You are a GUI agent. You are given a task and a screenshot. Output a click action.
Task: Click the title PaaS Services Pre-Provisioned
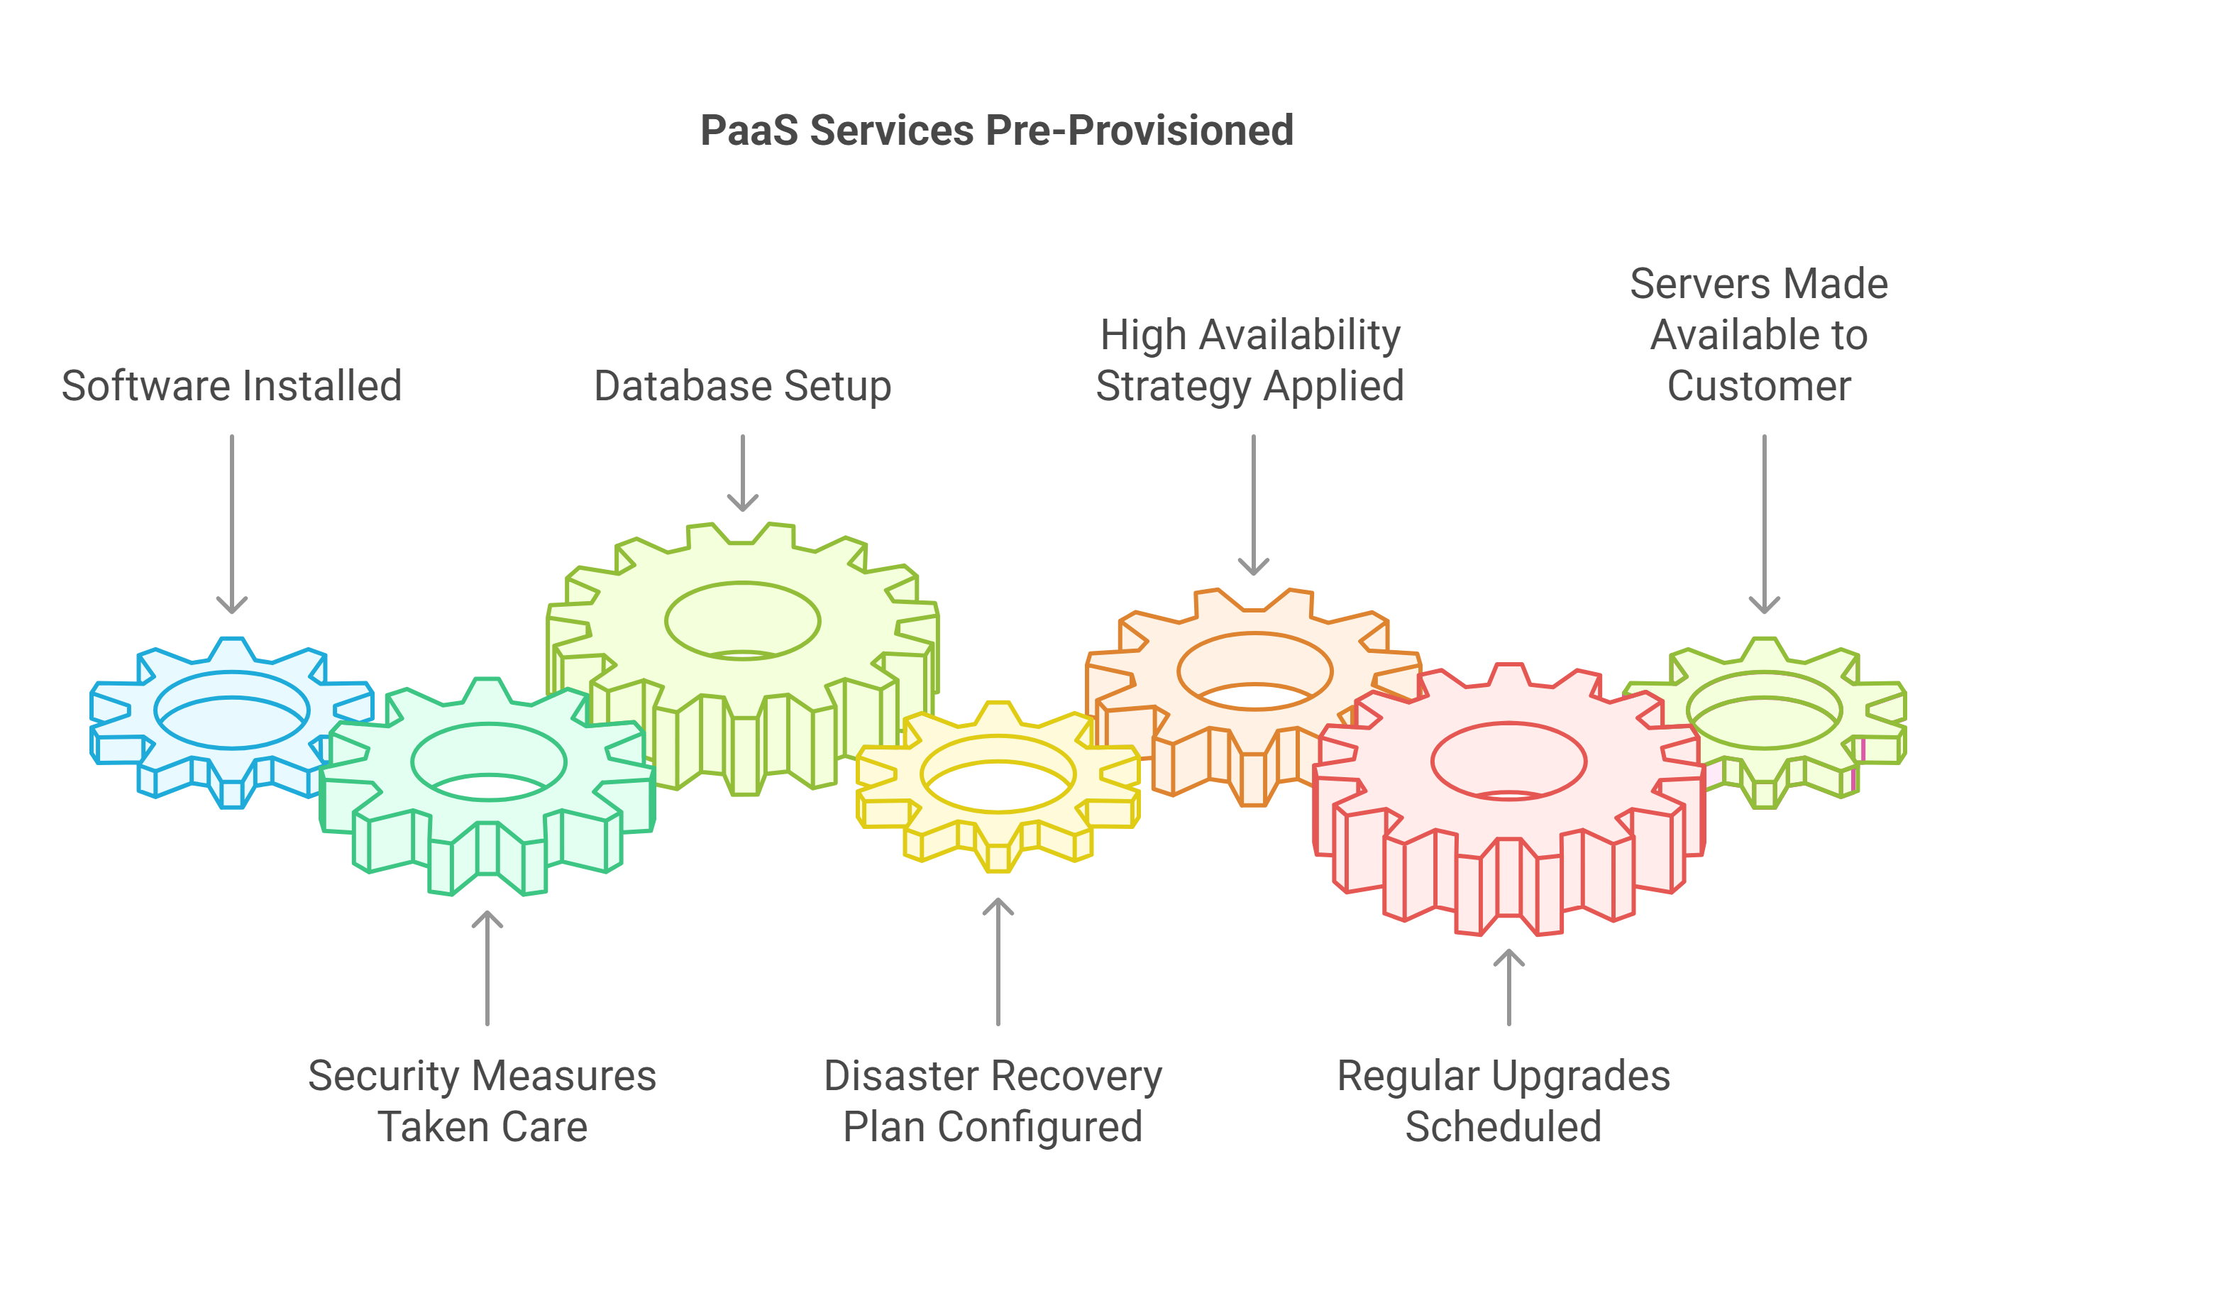coord(996,131)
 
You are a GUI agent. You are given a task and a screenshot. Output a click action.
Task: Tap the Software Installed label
coord(232,386)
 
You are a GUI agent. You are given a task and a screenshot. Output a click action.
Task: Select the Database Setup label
coord(742,386)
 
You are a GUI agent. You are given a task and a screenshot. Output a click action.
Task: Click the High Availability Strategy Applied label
coord(1249,360)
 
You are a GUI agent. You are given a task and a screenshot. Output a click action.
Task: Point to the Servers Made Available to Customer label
coord(1759,335)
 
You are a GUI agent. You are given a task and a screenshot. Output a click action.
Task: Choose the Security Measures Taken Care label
coord(482,1101)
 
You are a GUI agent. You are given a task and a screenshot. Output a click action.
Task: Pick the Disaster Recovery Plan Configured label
coord(993,1101)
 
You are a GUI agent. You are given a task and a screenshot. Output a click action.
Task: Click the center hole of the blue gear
coord(232,710)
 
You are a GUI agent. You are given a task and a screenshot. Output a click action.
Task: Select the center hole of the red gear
coord(1508,761)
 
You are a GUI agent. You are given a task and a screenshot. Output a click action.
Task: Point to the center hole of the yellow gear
coord(998,774)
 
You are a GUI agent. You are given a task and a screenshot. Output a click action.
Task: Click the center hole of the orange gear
coord(1255,671)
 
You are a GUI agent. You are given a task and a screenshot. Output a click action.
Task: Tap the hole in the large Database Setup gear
coord(743,621)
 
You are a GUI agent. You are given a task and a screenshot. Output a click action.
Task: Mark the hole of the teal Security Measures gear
coord(489,762)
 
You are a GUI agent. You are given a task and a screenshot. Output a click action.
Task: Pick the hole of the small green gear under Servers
coord(1765,710)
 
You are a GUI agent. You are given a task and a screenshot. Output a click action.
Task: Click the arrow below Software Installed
coord(232,524)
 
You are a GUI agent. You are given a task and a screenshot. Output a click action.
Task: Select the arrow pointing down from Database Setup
coord(742,473)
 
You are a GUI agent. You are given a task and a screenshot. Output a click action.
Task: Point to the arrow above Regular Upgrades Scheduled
coord(1508,987)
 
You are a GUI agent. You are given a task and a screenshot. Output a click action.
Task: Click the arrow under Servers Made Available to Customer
coord(1765,524)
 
